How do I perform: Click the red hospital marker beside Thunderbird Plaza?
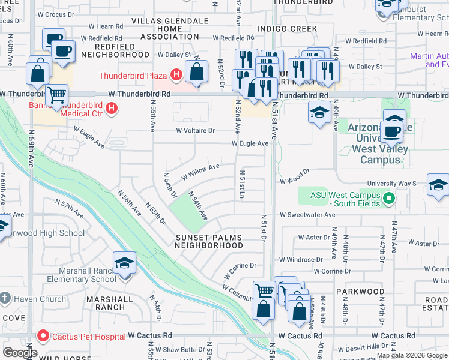[176, 76]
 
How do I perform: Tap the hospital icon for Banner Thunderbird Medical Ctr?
[111, 109]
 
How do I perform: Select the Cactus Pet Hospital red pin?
[42, 335]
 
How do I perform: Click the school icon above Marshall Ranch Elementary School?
[124, 263]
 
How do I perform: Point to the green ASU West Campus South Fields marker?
[388, 196]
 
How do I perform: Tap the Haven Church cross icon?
[5, 298]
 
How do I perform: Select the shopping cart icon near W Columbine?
[264, 291]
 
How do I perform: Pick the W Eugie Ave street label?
[250, 143]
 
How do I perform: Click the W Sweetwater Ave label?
[307, 214]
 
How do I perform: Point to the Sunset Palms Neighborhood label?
[209, 241]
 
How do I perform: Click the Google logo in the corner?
[20, 352]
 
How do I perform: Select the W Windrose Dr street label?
[301, 260]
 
